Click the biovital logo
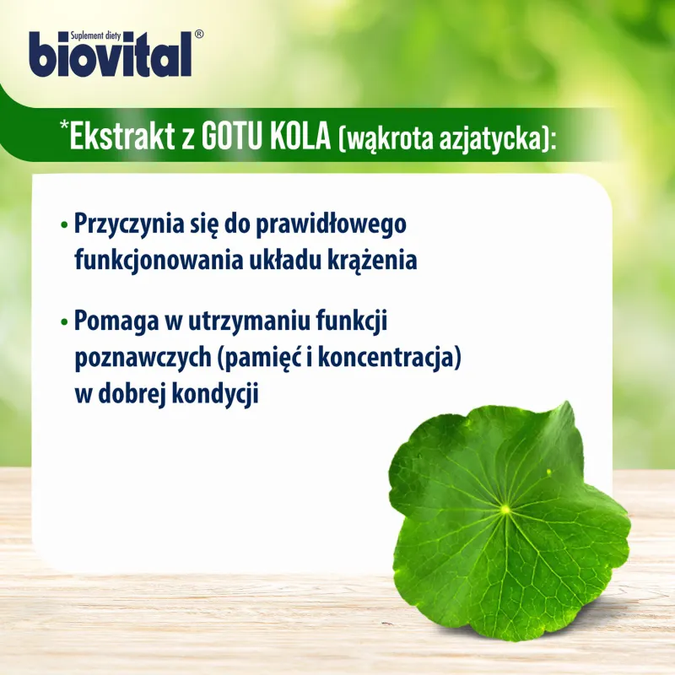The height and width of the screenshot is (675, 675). click(111, 54)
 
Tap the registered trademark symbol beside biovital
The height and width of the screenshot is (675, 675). click(199, 35)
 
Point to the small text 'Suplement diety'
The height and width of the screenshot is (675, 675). click(95, 35)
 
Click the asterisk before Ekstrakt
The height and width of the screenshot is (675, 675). click(65, 125)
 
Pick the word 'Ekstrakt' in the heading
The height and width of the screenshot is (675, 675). click(122, 137)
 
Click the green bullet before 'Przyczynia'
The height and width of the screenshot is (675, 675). click(65, 224)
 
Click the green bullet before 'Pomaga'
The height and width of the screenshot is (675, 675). click(65, 321)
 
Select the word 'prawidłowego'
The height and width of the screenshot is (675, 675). click(331, 225)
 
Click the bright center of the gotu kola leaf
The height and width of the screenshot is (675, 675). click(505, 510)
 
